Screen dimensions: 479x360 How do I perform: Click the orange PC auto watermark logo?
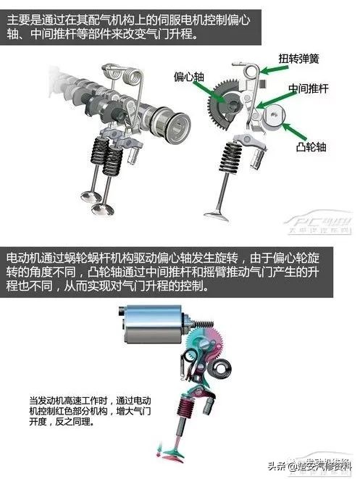coord(319,222)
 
